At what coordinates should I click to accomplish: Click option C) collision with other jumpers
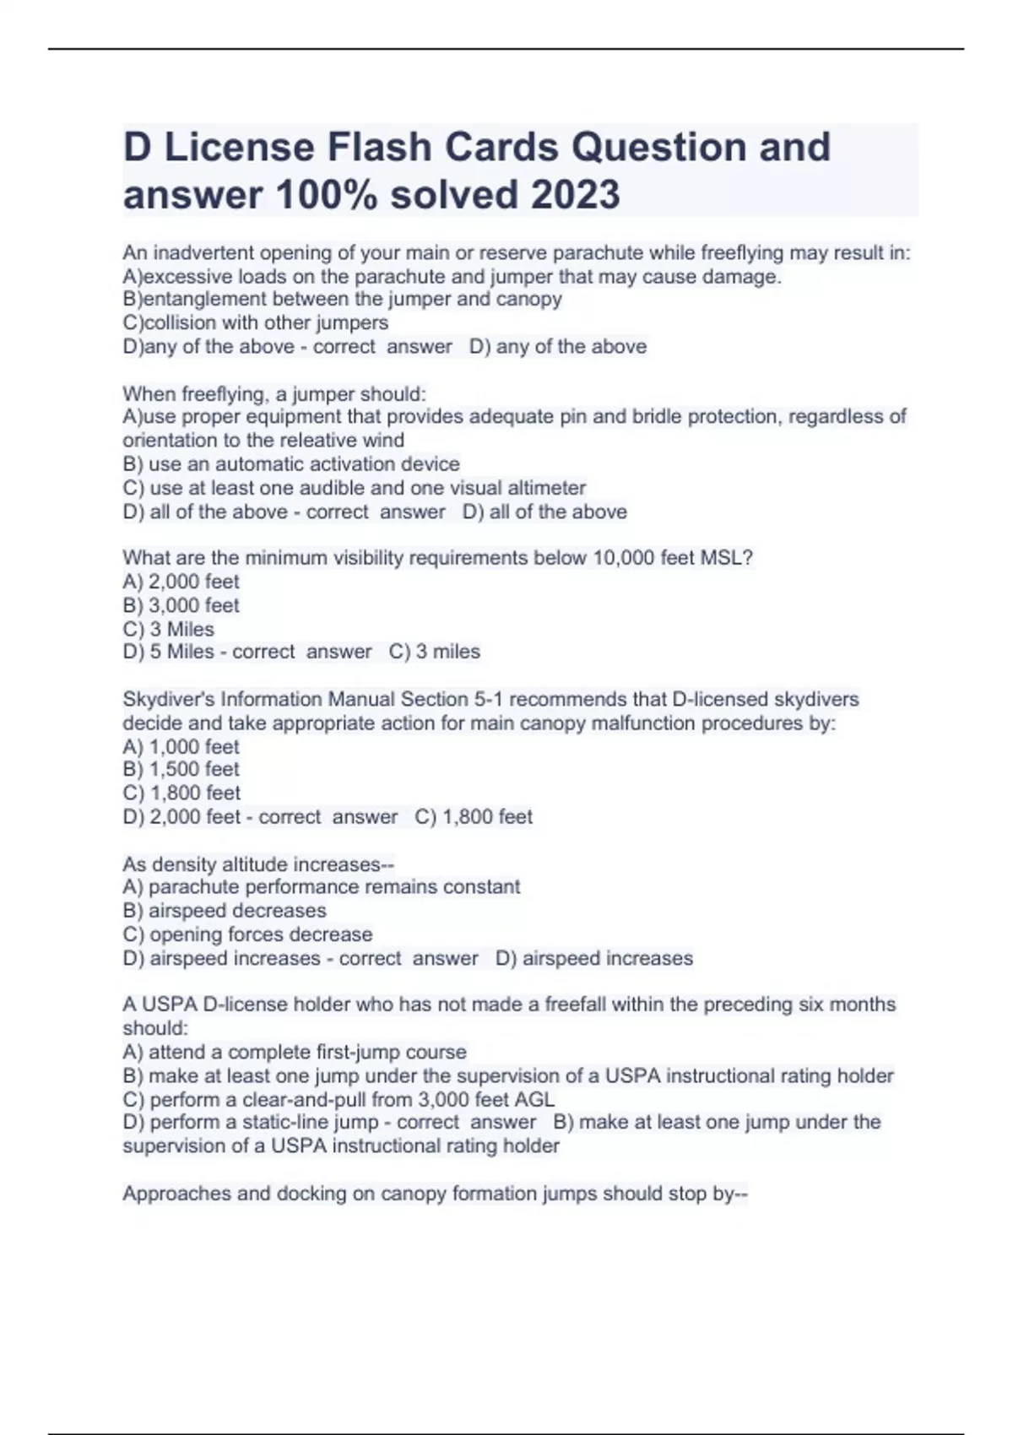256,322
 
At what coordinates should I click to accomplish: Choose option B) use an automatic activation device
291,463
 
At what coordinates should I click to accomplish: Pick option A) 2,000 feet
181,582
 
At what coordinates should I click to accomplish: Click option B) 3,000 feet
181,605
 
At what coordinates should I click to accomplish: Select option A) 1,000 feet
181,746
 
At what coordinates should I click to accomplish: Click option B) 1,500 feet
181,769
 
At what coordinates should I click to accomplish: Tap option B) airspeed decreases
225,911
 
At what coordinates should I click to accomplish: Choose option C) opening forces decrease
247,934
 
